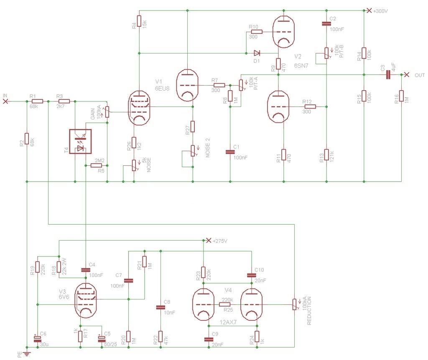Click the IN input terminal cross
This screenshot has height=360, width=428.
coord(5,101)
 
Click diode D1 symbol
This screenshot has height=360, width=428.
coord(257,53)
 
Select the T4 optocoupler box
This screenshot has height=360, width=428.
coord(80,142)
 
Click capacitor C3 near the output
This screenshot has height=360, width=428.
coord(388,75)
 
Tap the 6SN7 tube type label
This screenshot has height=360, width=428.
coord(302,66)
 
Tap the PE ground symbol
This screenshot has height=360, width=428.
coord(27,353)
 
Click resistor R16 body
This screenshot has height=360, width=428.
coord(401,96)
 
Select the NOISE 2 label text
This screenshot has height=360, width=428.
coord(206,150)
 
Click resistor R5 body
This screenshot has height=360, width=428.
coord(96,165)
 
